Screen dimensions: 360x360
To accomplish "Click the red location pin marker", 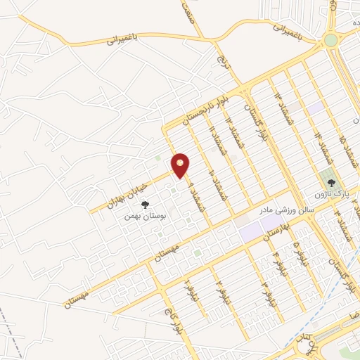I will click(181, 165).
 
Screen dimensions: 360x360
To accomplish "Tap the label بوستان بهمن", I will click(143, 216).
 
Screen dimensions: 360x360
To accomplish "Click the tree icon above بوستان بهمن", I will click(145, 205).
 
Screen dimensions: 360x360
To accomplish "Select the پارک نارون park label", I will click(328, 192).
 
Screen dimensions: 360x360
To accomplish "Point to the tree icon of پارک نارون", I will click(326, 179).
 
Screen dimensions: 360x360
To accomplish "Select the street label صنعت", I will click(187, 9).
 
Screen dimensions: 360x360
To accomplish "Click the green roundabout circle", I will click(330, 41).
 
